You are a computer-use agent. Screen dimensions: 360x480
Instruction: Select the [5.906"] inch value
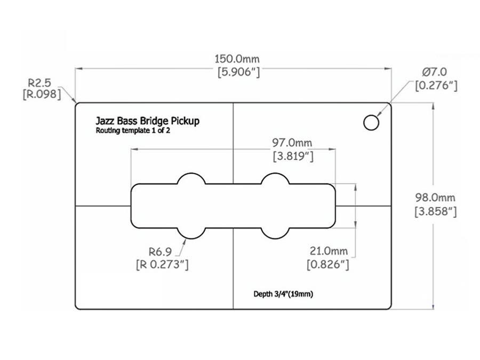coord(237,73)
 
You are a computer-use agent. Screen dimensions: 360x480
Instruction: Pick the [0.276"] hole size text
coord(436,85)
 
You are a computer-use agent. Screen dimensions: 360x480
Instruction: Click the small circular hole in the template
coord(371,123)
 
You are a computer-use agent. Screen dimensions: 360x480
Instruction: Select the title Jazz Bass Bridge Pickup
coord(147,121)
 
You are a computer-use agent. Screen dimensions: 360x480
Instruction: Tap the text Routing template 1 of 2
coord(130,131)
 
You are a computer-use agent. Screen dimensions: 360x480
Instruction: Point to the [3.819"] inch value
coord(292,157)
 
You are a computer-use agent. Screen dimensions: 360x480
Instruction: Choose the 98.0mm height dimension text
coord(435,197)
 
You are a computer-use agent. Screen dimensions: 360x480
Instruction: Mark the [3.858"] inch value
coord(436,211)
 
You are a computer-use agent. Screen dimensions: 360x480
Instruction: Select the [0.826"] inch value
coord(328,264)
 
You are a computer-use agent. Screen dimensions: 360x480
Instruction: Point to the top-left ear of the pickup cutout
coord(191,180)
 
